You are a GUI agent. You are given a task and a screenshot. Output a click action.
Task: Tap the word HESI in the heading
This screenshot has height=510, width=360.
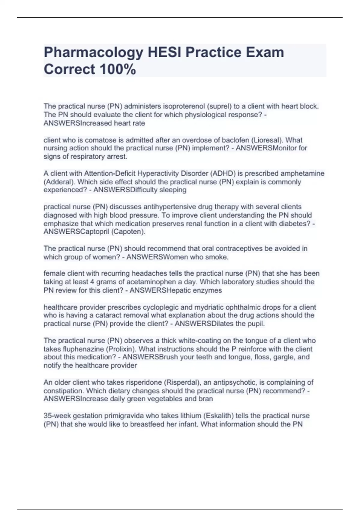coord(164,52)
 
